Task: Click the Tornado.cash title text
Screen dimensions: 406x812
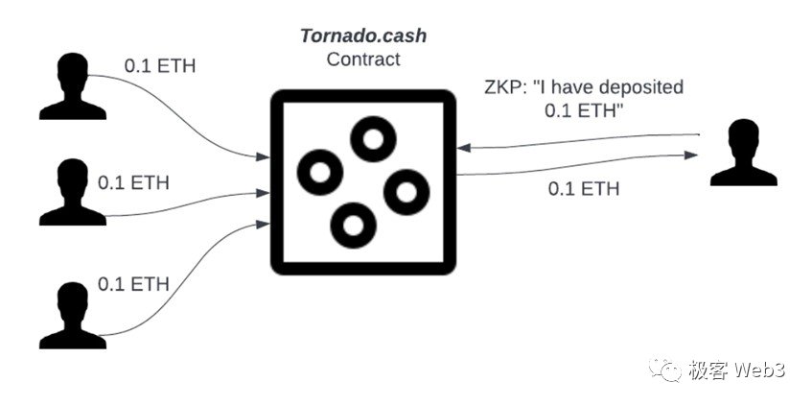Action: pos(362,37)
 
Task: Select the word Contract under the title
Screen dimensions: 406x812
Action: pos(362,59)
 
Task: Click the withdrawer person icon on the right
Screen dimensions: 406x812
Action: pos(745,153)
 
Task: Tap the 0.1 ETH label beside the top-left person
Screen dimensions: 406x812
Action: pos(161,67)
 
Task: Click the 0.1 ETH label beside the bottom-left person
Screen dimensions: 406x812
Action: pos(134,284)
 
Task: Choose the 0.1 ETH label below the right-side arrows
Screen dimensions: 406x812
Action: pos(584,188)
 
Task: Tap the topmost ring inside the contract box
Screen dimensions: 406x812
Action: pos(373,139)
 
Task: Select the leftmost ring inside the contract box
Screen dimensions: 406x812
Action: pos(320,173)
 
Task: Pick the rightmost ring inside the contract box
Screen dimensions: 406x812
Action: pos(406,192)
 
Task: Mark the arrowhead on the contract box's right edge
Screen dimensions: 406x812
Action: pos(463,148)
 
